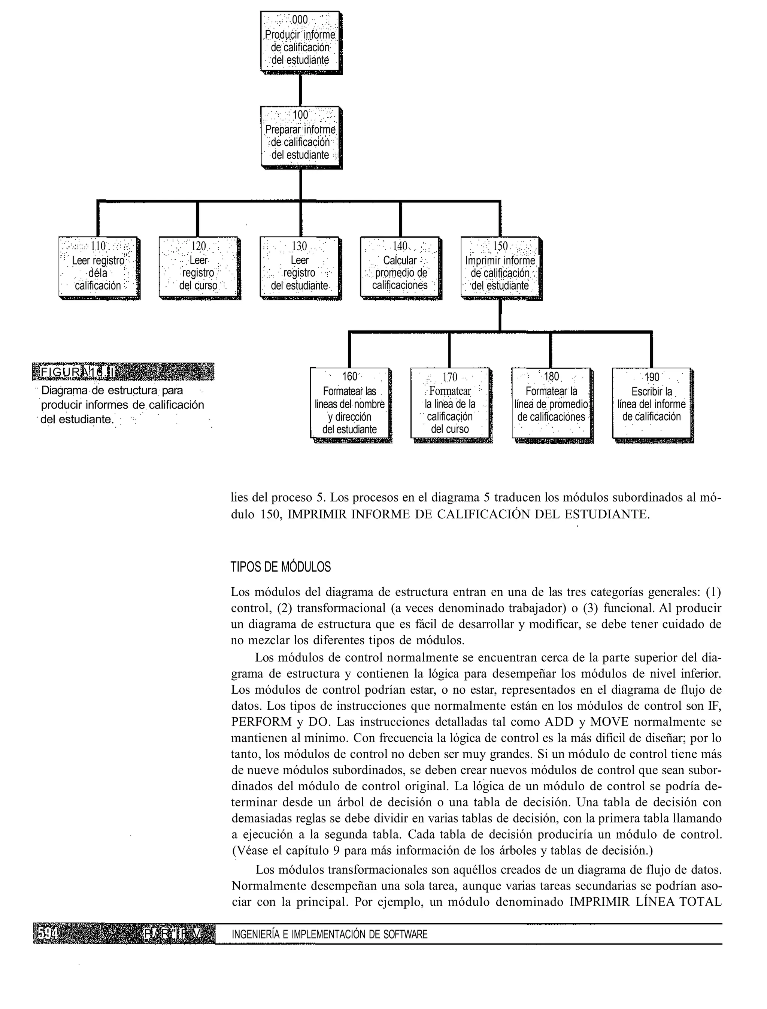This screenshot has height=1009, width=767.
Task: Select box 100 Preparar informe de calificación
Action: point(300,137)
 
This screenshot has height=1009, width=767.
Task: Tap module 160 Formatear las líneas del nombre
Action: point(350,404)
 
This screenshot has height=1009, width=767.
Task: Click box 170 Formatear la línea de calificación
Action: point(450,404)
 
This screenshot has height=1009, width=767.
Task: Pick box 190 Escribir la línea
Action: point(652,404)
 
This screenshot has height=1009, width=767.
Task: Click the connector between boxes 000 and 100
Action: point(300,90)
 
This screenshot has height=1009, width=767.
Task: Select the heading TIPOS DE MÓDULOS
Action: point(281,567)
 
